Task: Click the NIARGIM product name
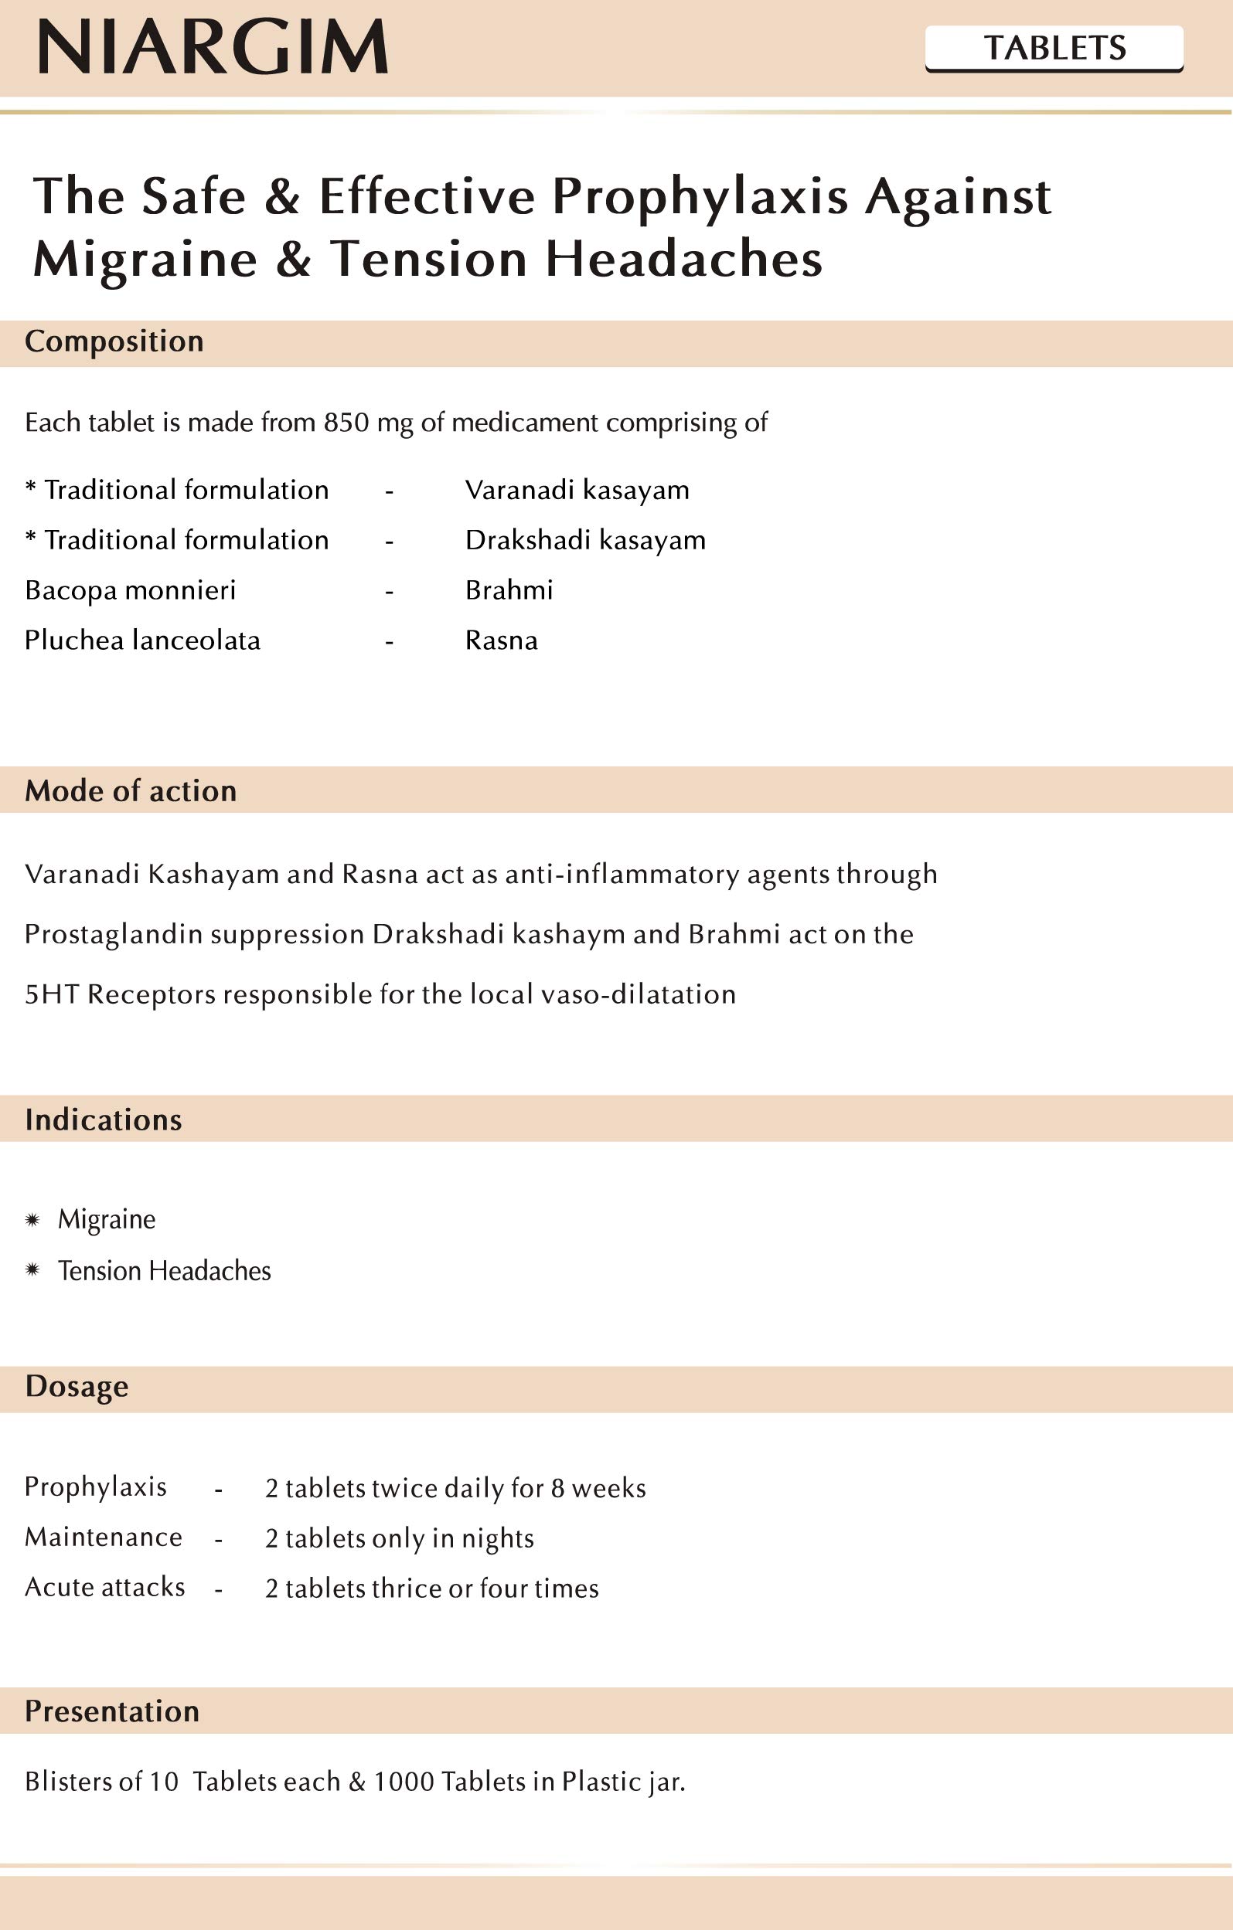click(213, 47)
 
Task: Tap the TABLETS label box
click(1054, 48)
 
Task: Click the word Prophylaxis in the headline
click(699, 196)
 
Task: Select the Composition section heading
click(114, 341)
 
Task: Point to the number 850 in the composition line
click(346, 423)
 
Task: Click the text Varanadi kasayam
click(577, 490)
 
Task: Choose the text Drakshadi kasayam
click(584, 540)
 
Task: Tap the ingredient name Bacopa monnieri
click(130, 591)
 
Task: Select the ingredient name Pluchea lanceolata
click(142, 641)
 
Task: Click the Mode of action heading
click(131, 791)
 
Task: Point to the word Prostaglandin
click(113, 935)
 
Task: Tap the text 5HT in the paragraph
click(51, 994)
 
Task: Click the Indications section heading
click(104, 1120)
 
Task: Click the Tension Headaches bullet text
click(165, 1271)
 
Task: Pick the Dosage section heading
click(77, 1387)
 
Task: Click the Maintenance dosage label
click(104, 1538)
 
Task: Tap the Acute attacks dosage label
click(104, 1588)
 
